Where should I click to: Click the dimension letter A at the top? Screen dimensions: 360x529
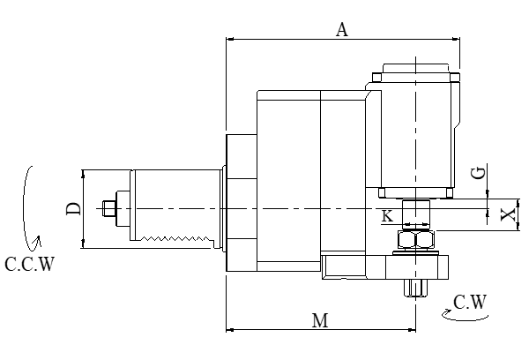tap(343, 29)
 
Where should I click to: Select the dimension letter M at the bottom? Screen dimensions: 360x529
tap(321, 320)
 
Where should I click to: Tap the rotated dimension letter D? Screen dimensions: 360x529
tap(73, 208)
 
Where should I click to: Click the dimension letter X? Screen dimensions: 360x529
tap(507, 215)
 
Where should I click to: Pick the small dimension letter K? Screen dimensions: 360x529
tap(388, 214)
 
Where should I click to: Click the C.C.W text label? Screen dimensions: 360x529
tap(28, 264)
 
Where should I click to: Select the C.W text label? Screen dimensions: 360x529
tap(469, 303)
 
